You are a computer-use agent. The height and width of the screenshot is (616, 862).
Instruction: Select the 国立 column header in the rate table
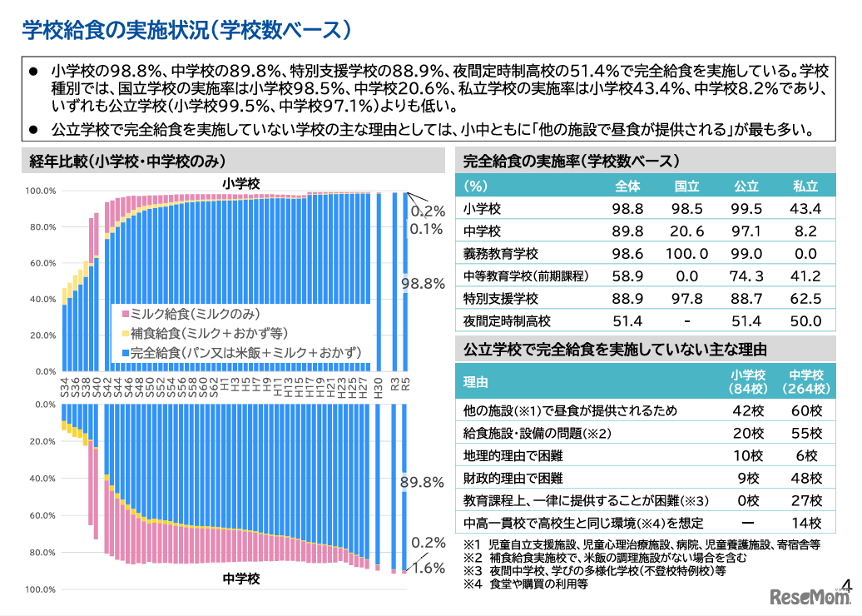[686, 186]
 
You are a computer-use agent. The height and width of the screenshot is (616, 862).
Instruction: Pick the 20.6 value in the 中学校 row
[686, 231]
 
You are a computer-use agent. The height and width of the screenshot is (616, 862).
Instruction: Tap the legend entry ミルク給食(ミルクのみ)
[192, 314]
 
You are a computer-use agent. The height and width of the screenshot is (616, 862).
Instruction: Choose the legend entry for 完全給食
[241, 353]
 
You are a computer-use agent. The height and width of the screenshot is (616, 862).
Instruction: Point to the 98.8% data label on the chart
[423, 284]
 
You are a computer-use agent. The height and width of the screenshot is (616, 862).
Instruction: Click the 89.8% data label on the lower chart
[423, 483]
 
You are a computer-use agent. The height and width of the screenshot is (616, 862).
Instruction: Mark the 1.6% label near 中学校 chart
[428, 569]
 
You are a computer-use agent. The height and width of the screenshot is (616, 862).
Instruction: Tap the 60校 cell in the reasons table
[805, 411]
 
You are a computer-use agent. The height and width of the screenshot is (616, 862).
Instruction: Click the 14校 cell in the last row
[805, 524]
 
